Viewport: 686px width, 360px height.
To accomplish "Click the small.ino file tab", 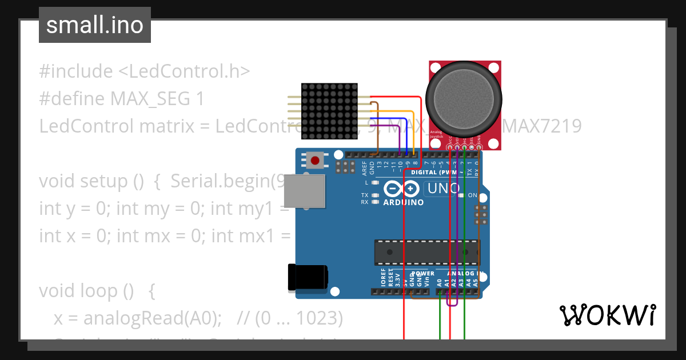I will tap(95, 25).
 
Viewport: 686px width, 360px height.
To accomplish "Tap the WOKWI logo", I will tap(607, 315).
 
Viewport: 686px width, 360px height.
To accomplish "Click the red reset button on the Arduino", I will tap(314, 160).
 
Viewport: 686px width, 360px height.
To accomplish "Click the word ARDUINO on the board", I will tap(404, 202).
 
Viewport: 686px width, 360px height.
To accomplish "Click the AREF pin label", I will tap(365, 167).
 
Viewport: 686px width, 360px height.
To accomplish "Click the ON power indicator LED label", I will tap(473, 195).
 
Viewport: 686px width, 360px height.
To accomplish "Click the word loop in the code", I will tap(102, 291).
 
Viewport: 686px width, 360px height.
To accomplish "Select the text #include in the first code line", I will tap(76, 71).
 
